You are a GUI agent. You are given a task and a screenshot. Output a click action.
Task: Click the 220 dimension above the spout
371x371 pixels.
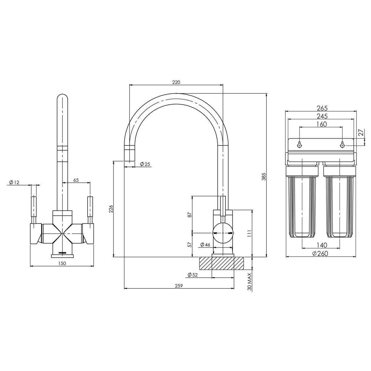(x=176, y=82)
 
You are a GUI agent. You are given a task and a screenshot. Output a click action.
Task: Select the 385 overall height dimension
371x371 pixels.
(x=264, y=177)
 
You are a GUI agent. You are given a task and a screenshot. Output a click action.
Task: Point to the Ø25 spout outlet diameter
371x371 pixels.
(x=145, y=164)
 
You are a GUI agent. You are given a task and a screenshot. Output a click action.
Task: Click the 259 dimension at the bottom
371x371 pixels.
(x=179, y=286)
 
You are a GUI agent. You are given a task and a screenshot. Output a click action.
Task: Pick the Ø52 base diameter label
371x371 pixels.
(x=192, y=275)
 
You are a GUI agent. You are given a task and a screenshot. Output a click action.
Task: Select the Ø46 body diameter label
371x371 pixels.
(x=205, y=245)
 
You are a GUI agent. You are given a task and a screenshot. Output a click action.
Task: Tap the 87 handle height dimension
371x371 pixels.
(x=190, y=214)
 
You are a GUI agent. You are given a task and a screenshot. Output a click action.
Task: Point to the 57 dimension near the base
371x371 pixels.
(x=190, y=244)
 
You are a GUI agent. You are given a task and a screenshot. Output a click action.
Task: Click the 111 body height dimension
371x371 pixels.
(x=249, y=234)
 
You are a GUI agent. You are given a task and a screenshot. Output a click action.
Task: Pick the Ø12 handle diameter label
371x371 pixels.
(x=14, y=182)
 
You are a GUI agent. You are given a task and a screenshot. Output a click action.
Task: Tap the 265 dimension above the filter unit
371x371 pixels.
(x=322, y=108)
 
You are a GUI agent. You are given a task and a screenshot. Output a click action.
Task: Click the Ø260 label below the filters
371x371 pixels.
(x=320, y=254)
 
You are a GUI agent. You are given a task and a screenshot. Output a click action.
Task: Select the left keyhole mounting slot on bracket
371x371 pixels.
(x=300, y=144)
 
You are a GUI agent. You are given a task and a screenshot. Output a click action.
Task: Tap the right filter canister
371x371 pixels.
(x=339, y=206)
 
